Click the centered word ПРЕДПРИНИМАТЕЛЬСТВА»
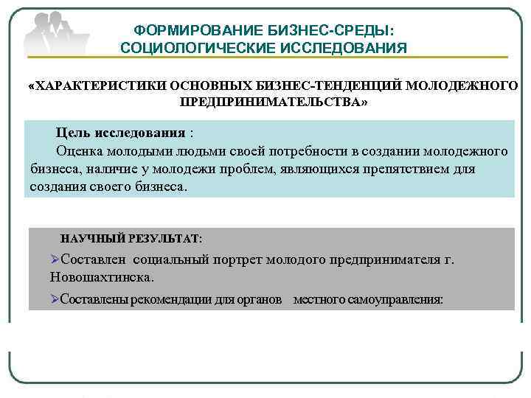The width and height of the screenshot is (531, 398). (x=272, y=102)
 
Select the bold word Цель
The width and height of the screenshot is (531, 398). (x=73, y=133)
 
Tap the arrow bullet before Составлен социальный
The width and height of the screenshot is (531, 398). (x=55, y=259)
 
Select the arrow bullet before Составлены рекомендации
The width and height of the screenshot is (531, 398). (x=55, y=299)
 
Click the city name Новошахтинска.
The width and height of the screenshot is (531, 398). (x=103, y=278)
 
